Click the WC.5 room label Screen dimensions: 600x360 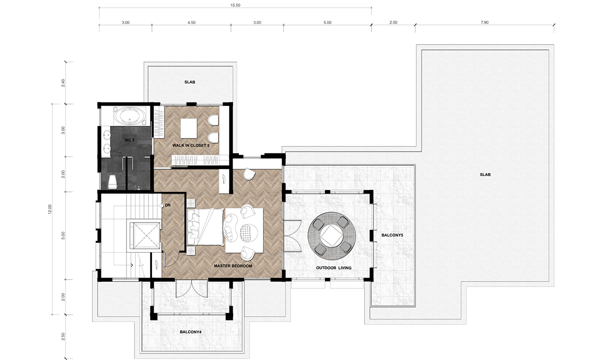tap(129, 140)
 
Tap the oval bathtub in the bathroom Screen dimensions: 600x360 tap(130, 116)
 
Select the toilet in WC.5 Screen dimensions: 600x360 tap(112, 182)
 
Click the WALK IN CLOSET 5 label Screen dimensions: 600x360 tap(190, 145)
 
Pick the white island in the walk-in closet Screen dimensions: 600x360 tap(189, 128)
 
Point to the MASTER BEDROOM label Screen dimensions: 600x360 tap(233, 266)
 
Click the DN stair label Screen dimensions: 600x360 tap(167, 205)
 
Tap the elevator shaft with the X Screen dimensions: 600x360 tap(144, 235)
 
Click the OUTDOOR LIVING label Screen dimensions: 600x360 tap(334, 268)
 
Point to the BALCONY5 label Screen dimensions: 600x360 tap(392, 235)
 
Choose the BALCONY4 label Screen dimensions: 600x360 tap(190, 332)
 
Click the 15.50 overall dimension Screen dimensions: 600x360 tap(235, 5)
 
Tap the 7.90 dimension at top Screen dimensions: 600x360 tap(484, 22)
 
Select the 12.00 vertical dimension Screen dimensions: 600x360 tap(50, 209)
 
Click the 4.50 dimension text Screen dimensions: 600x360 tap(191, 22)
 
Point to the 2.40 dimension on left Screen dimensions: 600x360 tap(63, 83)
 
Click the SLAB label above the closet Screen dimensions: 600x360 tap(189, 82)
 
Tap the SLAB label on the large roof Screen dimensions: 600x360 tap(485, 174)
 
